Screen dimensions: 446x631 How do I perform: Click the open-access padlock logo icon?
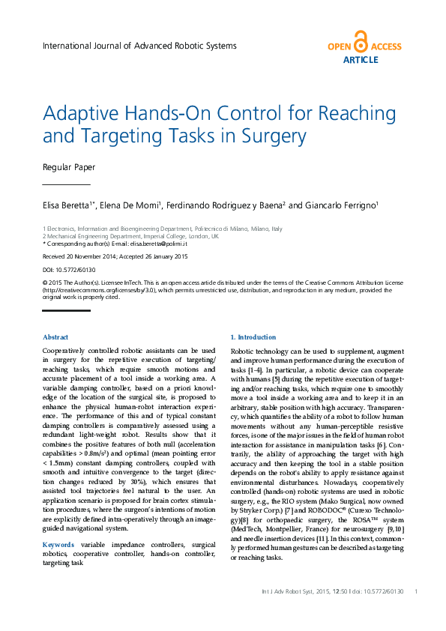point(361,42)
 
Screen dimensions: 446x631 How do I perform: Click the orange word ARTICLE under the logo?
point(361,59)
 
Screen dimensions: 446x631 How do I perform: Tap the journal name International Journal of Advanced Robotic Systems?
point(139,46)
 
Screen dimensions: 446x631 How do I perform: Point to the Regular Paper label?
point(69,167)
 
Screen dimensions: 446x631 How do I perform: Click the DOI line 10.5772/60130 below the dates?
point(69,269)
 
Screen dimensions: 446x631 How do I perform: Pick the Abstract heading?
point(55,338)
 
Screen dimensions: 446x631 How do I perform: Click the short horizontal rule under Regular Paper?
point(66,184)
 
